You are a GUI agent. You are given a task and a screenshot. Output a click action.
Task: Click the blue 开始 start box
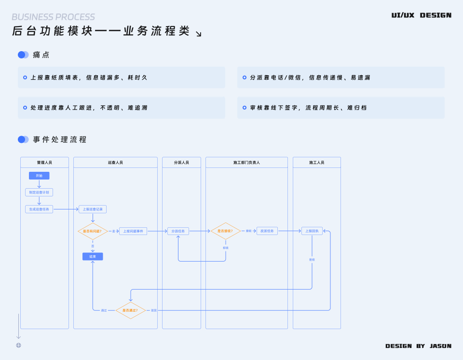tap(39, 176)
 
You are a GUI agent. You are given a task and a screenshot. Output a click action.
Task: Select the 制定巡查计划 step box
tap(39, 192)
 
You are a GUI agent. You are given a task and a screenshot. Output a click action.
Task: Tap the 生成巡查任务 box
tap(39, 209)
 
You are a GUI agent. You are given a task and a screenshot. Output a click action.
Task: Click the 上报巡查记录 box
tap(93, 209)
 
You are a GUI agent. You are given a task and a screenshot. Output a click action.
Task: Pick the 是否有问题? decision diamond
tap(93, 231)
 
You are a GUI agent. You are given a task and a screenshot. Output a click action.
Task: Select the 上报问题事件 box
tap(133, 231)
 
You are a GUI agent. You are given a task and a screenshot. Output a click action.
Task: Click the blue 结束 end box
tap(93, 256)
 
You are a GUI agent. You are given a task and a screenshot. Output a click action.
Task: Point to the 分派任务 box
tap(178, 231)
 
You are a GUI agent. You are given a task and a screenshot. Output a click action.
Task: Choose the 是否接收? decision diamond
tap(225, 231)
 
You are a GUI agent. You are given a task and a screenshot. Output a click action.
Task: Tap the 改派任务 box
tap(267, 231)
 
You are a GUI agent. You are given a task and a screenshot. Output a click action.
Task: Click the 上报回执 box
tap(312, 231)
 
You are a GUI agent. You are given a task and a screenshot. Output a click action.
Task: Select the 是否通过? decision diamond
tap(130, 310)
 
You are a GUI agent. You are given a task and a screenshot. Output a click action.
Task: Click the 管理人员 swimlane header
tap(44, 163)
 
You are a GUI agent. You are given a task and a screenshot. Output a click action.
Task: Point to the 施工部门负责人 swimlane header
tap(246, 163)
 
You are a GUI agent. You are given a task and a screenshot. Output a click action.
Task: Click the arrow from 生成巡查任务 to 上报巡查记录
tap(66, 209)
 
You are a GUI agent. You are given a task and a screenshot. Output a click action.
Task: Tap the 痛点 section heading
tap(41, 55)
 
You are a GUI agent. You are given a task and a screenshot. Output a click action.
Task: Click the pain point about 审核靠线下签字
tap(309, 108)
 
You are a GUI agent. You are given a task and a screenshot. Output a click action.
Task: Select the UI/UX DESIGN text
tap(422, 15)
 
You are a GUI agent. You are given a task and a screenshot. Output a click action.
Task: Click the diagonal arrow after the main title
tap(198, 33)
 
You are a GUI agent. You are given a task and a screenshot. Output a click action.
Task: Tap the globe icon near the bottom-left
tap(18, 345)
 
